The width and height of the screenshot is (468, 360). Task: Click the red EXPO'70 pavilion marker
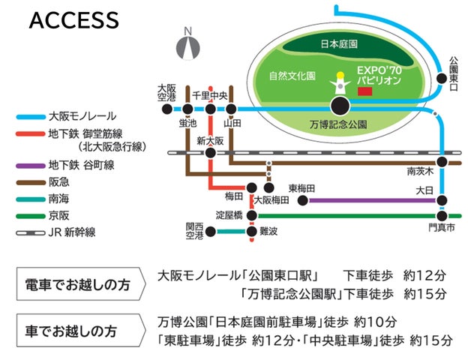pos(365,91)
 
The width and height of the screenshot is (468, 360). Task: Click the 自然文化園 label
pos(291,76)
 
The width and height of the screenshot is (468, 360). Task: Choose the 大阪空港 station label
pos(166,92)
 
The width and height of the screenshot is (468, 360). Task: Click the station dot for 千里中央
pos(211,109)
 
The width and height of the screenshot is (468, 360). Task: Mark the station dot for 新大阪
pos(211,152)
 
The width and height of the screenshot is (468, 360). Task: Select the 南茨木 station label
pos(418,169)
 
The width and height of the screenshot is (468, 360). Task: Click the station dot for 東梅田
pos(303,200)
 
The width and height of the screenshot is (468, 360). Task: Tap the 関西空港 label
pos(195,231)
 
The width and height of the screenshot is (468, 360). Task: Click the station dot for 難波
pos(251,231)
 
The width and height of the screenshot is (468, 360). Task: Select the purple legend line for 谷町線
pos(30,163)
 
